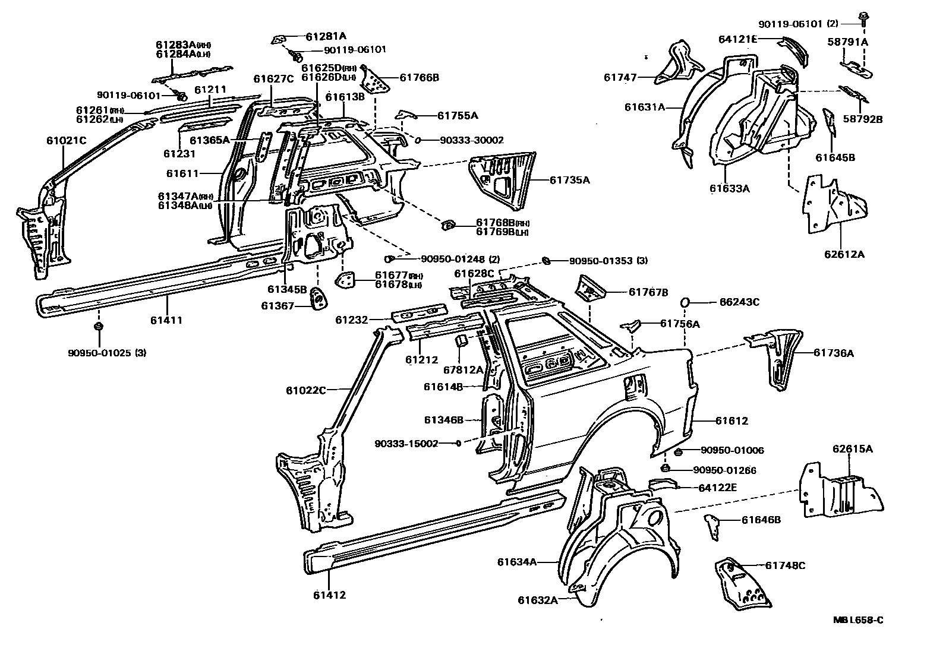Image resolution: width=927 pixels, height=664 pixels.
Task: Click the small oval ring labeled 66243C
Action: click(684, 302)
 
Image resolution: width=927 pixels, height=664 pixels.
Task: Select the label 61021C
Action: click(67, 141)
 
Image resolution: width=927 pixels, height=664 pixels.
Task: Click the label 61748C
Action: click(785, 565)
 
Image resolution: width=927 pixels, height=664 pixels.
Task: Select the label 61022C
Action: click(305, 390)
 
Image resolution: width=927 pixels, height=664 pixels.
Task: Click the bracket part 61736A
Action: click(775, 356)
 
